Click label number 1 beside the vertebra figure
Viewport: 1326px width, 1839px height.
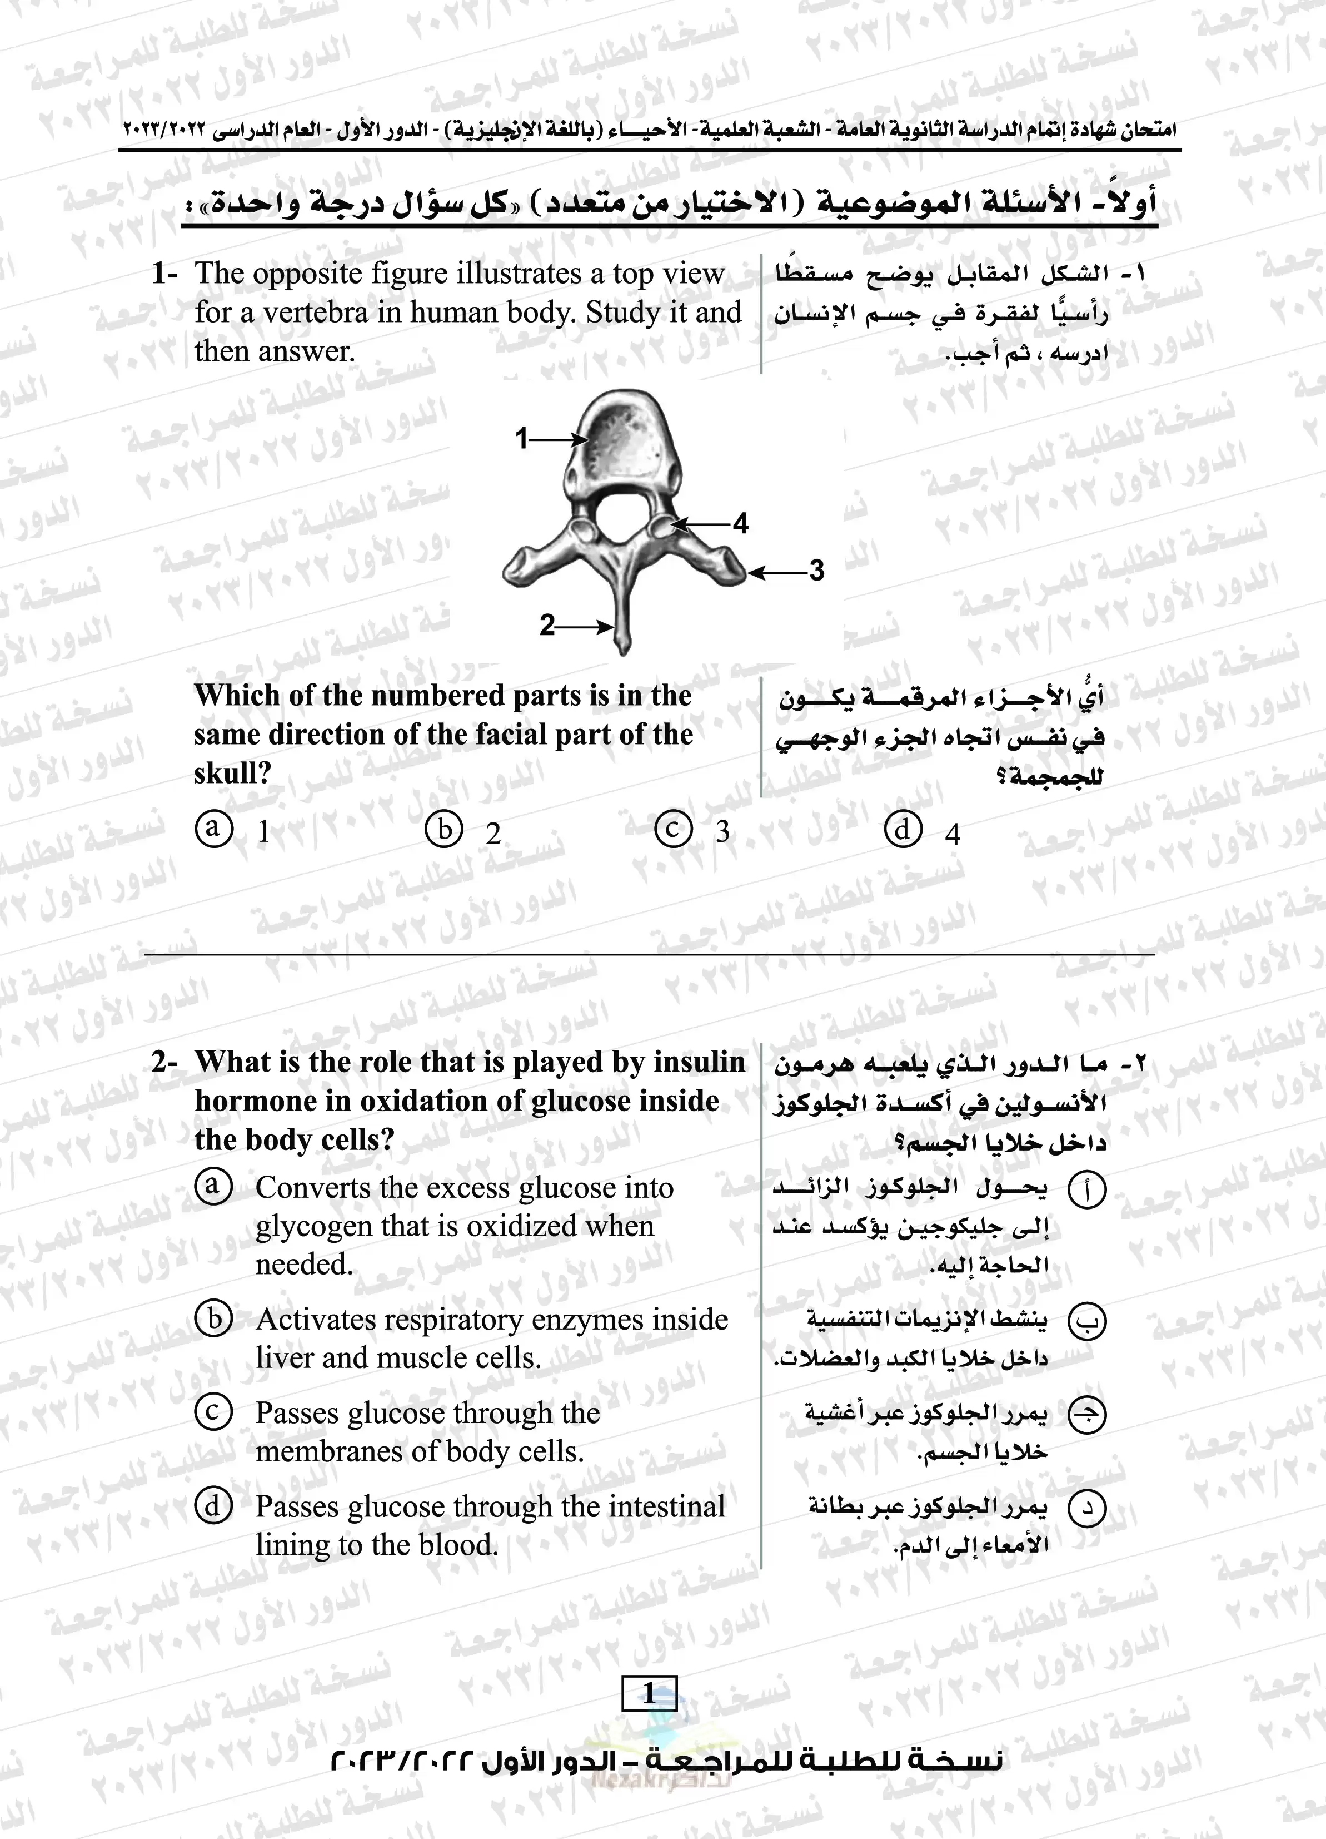[522, 439]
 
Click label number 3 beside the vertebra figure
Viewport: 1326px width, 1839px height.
[816, 571]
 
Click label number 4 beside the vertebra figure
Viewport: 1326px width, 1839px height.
[740, 524]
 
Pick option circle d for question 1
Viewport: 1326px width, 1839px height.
[903, 830]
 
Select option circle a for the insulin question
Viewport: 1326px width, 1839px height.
[214, 1186]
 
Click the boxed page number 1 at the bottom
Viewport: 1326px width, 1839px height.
[649, 1693]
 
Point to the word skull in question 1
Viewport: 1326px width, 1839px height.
[230, 774]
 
